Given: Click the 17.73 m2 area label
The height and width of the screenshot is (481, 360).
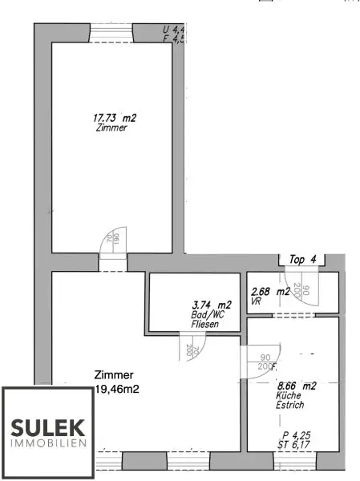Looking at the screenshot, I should point(115,117).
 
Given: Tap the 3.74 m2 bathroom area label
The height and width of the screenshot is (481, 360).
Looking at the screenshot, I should point(214,305).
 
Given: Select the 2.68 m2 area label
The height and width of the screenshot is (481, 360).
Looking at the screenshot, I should point(271,292).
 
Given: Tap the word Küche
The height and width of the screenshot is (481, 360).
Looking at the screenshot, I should point(289,396).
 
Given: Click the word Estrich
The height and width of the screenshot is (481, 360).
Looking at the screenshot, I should point(291,406).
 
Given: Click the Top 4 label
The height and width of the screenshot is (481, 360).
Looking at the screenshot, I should point(302,258).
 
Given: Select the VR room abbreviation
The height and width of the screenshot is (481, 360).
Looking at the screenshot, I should point(256,303).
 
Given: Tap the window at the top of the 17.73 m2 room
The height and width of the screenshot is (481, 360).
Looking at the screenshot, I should point(111,32).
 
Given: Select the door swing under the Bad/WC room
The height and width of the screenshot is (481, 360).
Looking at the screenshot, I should point(192,346).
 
